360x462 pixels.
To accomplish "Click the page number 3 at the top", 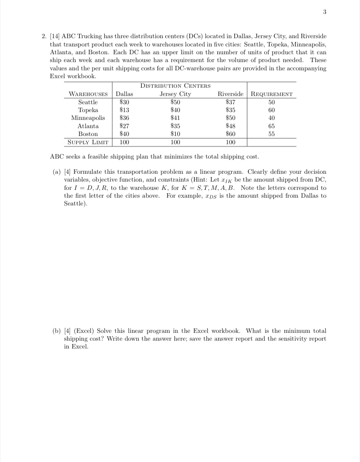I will click(324, 13).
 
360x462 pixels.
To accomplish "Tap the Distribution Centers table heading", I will click(176, 86).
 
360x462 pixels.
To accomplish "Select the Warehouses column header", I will click(88, 94).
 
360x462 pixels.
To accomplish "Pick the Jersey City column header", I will click(175, 94).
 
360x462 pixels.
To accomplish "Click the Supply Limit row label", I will click(88, 142).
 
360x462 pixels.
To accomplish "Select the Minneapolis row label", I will click(88, 118).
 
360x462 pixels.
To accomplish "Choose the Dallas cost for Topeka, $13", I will click(124, 110).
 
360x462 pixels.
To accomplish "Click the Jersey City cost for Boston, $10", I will click(175, 134).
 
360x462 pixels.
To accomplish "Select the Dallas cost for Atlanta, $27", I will click(124, 126).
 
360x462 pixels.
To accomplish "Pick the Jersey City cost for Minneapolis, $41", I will click(175, 118).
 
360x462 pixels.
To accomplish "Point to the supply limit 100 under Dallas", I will click(125, 142).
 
